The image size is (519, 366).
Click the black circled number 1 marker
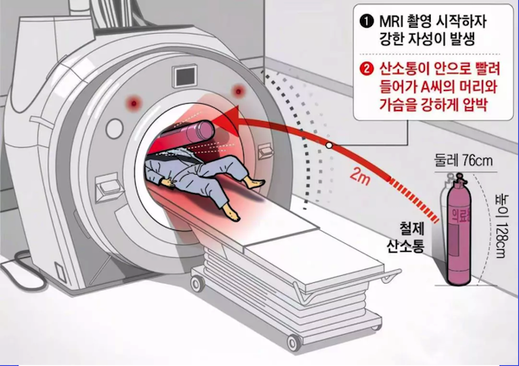367,22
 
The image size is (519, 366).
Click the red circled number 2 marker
367,69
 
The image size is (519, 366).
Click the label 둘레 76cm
463,161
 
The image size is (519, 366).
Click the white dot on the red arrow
329,145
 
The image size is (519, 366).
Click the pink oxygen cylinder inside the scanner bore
200,131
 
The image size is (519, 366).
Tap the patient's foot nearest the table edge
231,211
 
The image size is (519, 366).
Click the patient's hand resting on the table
167,182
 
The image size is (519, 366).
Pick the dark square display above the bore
184,76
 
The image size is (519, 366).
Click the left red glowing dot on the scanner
134,103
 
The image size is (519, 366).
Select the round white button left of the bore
114,129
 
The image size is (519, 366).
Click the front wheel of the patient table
294,342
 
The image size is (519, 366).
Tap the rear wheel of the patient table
197,284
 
